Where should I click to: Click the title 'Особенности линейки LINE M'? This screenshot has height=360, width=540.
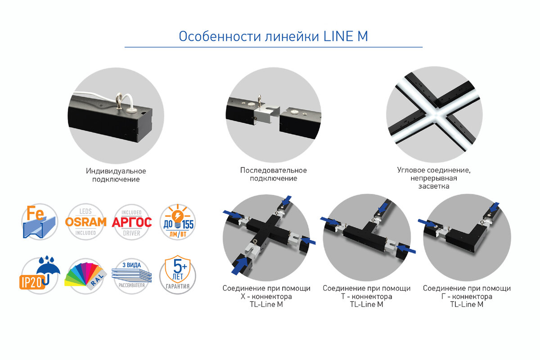273,36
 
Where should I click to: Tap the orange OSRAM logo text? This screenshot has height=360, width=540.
85,222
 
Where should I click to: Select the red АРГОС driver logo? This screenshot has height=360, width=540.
131,222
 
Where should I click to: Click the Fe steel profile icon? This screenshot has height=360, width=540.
40,221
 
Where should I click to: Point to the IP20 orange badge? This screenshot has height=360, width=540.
32,282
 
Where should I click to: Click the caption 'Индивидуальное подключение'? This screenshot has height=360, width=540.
116,175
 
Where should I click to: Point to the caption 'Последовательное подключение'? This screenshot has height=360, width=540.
274,174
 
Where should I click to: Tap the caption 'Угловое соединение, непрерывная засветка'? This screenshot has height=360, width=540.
434,178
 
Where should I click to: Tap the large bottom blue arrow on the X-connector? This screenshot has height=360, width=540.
240,265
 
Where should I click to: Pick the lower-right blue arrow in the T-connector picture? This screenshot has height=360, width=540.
406,248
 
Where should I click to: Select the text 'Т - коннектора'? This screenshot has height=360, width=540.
366,297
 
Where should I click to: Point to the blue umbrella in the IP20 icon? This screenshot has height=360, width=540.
48,268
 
